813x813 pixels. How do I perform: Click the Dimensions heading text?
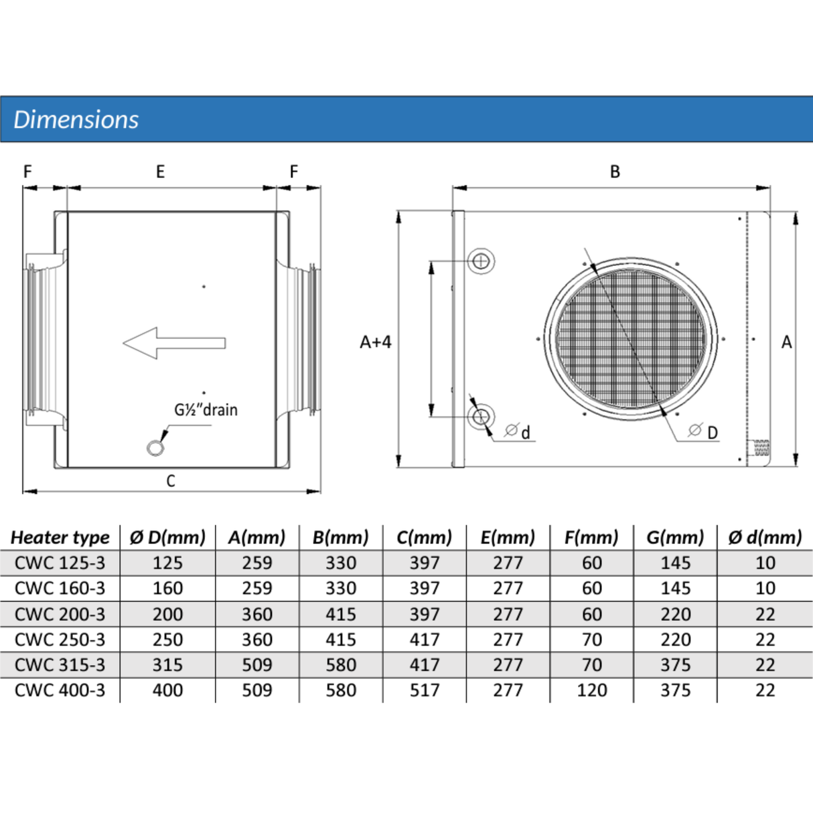76,120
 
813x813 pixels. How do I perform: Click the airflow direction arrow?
174,343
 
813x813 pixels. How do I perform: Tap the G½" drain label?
206,410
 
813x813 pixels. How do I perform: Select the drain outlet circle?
155,448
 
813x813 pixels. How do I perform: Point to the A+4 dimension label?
376,342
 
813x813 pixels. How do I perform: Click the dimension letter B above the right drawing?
615,171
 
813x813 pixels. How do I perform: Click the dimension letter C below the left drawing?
171,481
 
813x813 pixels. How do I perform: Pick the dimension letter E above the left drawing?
160,171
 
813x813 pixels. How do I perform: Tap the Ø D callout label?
703,432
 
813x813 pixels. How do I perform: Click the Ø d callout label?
517,432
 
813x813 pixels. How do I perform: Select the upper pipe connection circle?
481,261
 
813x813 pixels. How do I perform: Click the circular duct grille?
631,339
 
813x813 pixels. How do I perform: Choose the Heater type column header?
60,538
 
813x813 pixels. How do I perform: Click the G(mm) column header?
676,538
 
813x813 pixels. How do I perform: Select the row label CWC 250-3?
60,640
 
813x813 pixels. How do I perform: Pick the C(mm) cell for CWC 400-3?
425,690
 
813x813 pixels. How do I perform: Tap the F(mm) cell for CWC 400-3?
592,690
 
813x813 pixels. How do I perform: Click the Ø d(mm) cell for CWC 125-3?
765,563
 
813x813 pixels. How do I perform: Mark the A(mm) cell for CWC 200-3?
257,614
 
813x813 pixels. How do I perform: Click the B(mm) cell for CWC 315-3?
341,665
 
